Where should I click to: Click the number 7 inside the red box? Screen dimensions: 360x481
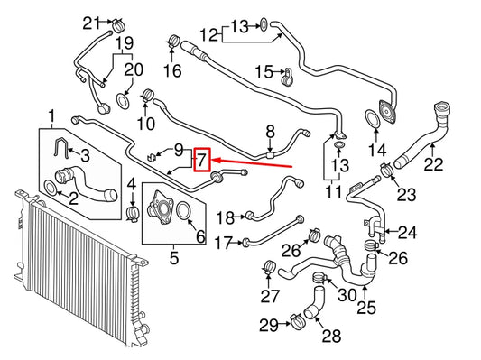(x=202, y=161)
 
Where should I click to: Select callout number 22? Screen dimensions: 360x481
(x=434, y=164)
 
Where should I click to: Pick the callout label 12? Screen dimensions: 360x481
(x=208, y=36)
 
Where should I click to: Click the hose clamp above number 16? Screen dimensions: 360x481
(x=173, y=42)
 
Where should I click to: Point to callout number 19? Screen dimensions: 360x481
(x=125, y=42)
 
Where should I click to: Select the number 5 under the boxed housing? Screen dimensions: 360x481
(x=173, y=258)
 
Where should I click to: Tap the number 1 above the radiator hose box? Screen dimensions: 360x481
(x=51, y=116)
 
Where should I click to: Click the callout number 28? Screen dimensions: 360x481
(x=331, y=337)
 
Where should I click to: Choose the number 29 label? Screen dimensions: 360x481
(x=268, y=323)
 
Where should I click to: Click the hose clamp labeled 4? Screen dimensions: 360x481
(x=132, y=214)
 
